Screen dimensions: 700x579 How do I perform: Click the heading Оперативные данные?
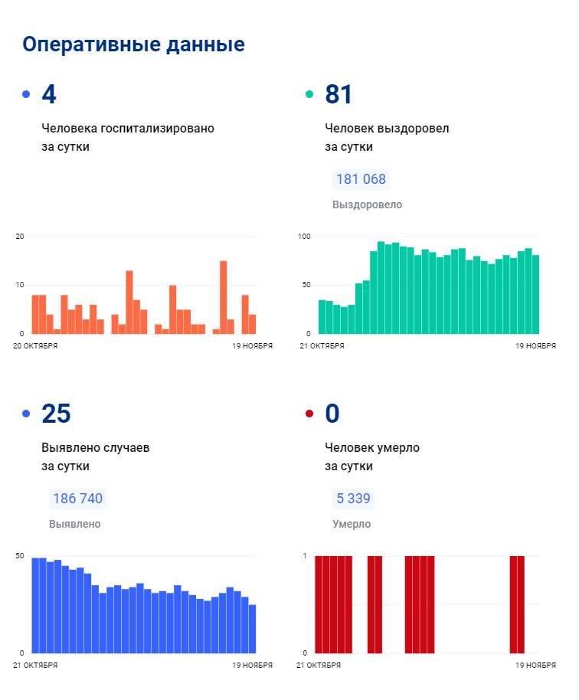(133, 44)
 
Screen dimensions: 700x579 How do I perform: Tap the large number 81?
(339, 94)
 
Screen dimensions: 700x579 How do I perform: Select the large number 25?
(56, 414)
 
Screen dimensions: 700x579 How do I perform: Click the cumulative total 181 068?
(361, 179)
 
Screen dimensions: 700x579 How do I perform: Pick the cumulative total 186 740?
(77, 499)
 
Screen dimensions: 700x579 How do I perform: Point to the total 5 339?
(353, 499)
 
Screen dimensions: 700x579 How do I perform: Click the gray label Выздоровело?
(367, 204)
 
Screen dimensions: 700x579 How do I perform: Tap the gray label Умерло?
(352, 524)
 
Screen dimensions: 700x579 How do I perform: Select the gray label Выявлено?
(74, 524)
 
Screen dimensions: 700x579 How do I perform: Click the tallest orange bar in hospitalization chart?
(224, 297)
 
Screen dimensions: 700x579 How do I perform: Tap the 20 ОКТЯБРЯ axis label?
(35, 346)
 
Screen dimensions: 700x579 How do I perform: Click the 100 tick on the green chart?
(303, 237)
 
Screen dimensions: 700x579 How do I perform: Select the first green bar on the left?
(322, 317)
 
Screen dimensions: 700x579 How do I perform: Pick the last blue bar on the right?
(252, 628)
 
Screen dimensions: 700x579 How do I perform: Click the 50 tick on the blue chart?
(20, 555)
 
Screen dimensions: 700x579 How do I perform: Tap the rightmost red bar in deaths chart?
(521, 604)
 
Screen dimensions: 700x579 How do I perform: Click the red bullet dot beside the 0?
(309, 414)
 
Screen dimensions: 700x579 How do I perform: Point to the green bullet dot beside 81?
(309, 94)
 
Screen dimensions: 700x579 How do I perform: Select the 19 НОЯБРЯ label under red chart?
(535, 666)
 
